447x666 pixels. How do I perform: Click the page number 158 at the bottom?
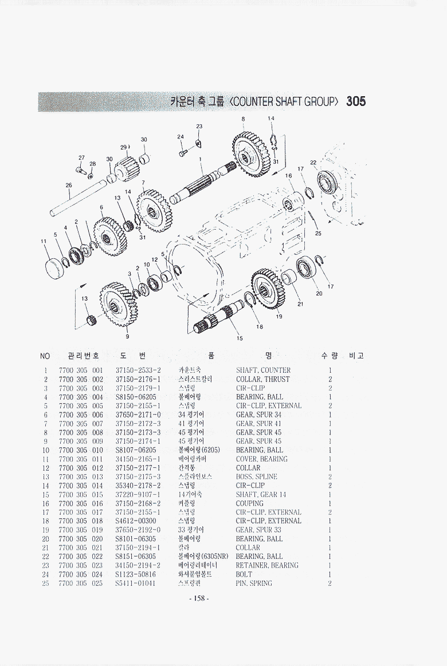[x=199, y=598]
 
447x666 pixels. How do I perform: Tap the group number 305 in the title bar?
[x=355, y=102]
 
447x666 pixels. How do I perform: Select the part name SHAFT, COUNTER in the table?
[x=263, y=371]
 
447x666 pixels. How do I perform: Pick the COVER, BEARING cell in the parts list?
[x=261, y=459]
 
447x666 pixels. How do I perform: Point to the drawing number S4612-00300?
[x=135, y=521]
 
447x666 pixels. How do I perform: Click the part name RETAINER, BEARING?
[x=266, y=566]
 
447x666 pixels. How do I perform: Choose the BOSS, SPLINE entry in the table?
[x=256, y=477]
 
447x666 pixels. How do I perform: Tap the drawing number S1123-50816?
[x=135, y=574]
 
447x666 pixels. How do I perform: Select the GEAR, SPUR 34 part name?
[x=258, y=415]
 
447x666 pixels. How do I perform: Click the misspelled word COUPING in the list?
[x=249, y=503]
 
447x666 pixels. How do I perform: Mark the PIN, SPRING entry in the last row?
[x=254, y=584]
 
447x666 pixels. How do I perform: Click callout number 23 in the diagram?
[x=199, y=126]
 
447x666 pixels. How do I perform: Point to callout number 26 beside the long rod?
[x=69, y=185]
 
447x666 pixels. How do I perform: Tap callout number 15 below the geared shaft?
[x=240, y=338]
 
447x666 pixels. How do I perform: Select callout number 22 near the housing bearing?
[x=313, y=162]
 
